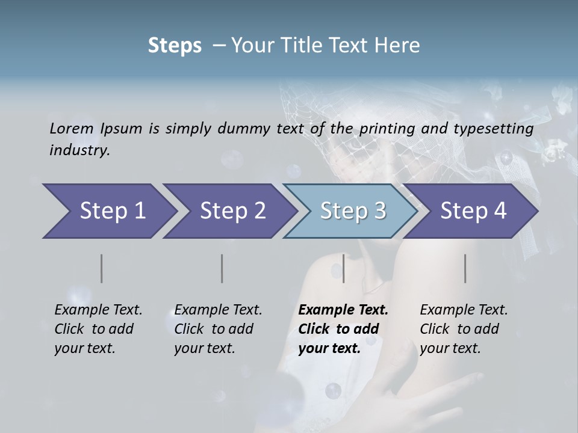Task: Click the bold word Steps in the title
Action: (175, 46)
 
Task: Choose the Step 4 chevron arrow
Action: (472, 211)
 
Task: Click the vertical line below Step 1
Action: (101, 268)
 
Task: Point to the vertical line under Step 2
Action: (222, 268)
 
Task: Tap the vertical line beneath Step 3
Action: (343, 268)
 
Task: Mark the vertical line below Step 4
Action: (465, 268)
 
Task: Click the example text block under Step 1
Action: (98, 329)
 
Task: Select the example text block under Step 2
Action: (218, 329)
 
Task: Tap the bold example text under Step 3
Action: (343, 329)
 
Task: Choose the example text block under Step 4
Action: (464, 329)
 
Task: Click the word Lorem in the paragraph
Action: (71, 129)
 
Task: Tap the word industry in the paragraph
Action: (79, 150)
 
